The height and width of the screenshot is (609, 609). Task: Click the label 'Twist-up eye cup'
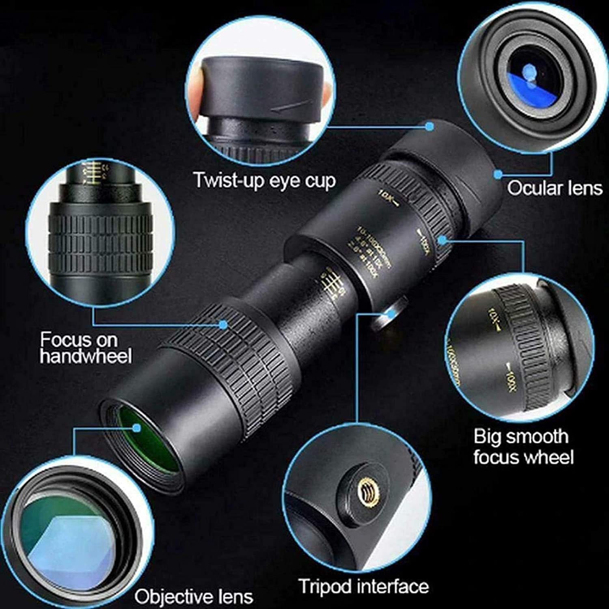pos(264,180)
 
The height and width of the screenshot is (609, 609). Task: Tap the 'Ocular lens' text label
pos(554,188)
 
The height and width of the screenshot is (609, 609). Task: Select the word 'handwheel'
pos(86,356)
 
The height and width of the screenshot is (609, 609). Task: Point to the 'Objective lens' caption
pos(194,596)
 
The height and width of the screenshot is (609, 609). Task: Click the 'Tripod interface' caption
pos(363,586)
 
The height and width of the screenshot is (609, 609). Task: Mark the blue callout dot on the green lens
pos(137,427)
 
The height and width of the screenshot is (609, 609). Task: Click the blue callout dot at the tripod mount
pos(391,313)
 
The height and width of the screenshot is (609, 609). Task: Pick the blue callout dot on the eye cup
pos(430,126)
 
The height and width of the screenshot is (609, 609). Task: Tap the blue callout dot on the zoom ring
pos(443,240)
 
